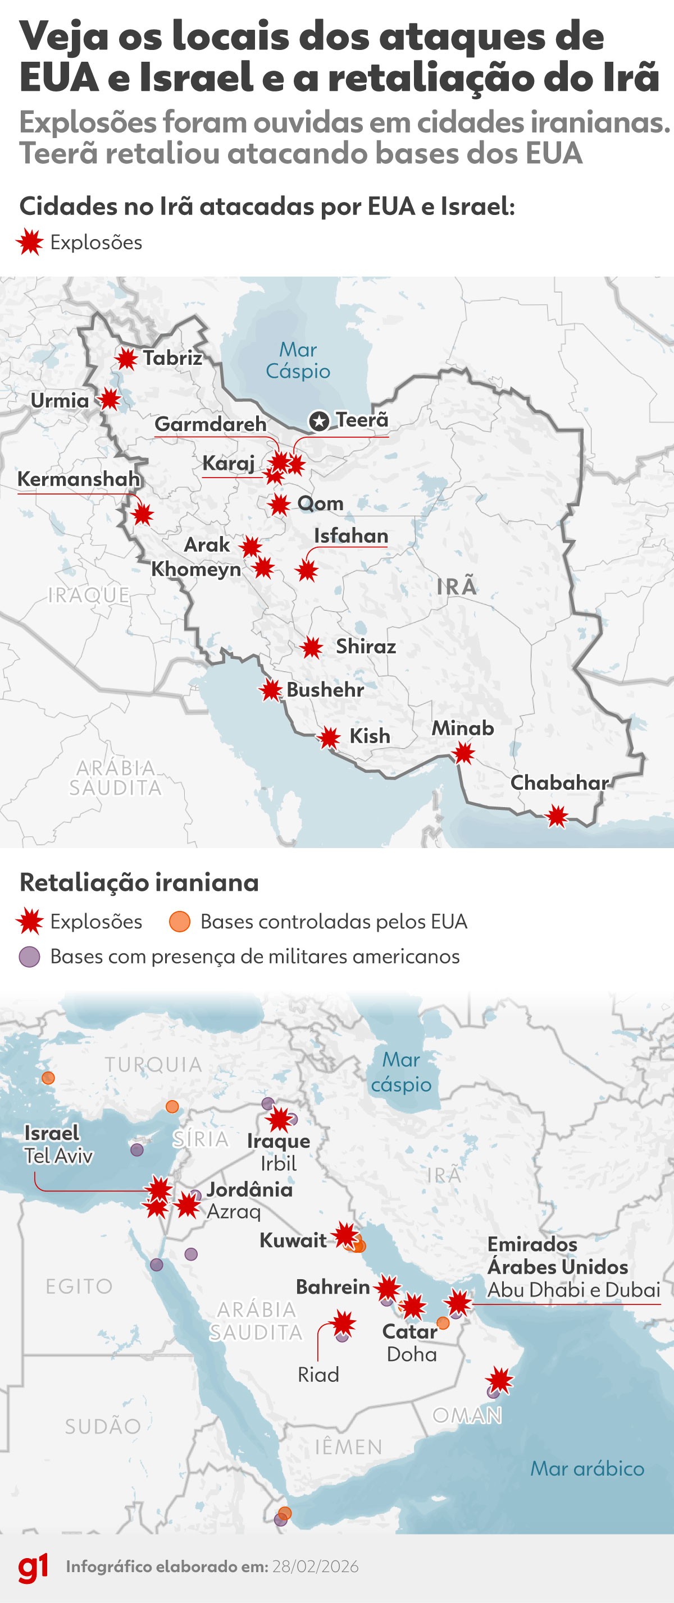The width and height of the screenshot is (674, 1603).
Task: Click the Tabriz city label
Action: point(172,359)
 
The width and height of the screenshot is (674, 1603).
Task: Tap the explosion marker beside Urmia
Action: point(110,400)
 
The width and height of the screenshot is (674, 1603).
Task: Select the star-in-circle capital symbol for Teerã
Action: point(319,422)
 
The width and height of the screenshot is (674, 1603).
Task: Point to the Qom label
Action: point(320,503)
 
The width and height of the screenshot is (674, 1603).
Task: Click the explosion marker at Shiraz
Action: point(312,648)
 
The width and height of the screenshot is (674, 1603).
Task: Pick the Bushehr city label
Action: point(325,689)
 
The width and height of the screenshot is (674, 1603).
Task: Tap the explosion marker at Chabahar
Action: point(557,817)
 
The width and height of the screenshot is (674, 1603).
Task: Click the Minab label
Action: point(463,728)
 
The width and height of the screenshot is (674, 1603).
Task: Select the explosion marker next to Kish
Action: point(329,739)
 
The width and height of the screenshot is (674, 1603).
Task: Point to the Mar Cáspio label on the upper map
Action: point(298,360)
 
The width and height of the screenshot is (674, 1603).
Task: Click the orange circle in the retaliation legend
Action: point(179,922)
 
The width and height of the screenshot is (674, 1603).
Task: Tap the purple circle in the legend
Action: point(29,957)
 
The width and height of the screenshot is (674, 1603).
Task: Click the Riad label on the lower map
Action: point(318,1375)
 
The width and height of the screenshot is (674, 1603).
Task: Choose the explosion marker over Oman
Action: point(499,1380)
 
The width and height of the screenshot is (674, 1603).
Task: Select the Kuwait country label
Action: point(293,1240)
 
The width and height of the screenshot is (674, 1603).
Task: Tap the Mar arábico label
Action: point(587,1469)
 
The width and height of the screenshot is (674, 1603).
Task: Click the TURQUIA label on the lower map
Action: point(153,1065)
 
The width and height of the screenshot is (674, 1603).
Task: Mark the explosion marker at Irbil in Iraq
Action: point(279,1119)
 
